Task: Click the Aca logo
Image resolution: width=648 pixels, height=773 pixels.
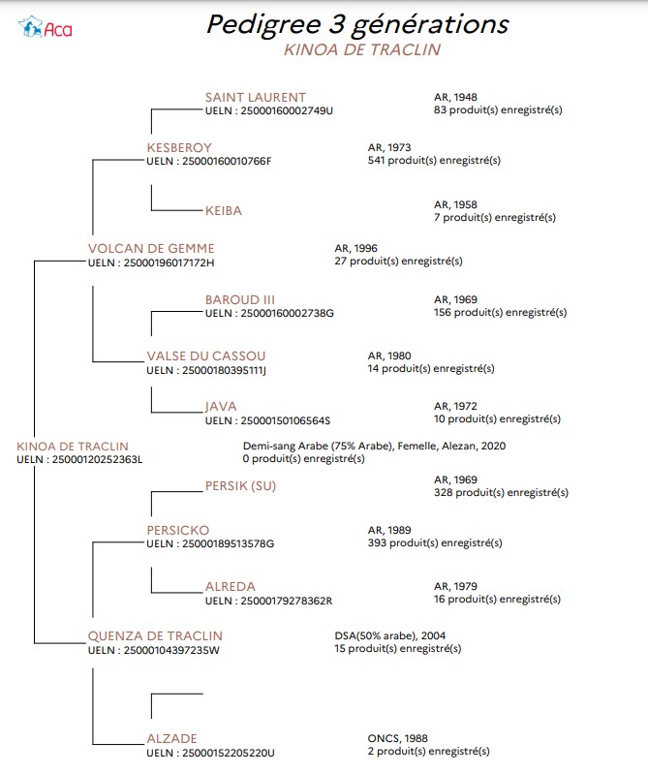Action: (45, 27)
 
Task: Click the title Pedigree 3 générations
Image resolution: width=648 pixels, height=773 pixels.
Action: (357, 24)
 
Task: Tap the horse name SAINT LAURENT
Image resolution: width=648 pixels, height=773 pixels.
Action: (256, 97)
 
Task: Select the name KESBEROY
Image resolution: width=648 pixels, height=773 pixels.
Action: (179, 147)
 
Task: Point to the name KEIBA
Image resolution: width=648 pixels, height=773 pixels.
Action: (223, 210)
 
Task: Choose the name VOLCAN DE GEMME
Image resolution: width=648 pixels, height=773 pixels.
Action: (151, 248)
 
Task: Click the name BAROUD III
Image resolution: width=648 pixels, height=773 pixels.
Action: (240, 299)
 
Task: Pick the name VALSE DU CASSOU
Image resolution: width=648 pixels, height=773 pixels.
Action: (206, 356)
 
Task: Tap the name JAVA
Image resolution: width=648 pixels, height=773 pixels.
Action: (221, 406)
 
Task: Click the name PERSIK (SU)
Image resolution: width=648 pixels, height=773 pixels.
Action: (240, 485)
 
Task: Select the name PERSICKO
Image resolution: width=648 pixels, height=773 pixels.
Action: (178, 531)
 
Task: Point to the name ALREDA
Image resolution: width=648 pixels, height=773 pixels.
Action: (231, 587)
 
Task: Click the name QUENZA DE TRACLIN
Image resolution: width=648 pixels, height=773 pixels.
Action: (155, 636)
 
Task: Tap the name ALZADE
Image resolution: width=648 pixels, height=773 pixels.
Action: (171, 738)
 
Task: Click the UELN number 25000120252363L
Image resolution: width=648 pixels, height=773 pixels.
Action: (97, 459)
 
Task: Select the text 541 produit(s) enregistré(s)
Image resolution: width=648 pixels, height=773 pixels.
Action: (434, 160)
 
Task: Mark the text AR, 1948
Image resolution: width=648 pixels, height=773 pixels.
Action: (455, 97)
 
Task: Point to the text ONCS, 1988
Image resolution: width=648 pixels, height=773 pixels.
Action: (398, 738)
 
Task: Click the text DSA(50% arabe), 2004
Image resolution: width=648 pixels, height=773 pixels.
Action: (390, 636)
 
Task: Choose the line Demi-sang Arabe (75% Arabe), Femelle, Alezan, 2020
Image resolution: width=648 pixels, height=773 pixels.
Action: (374, 447)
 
